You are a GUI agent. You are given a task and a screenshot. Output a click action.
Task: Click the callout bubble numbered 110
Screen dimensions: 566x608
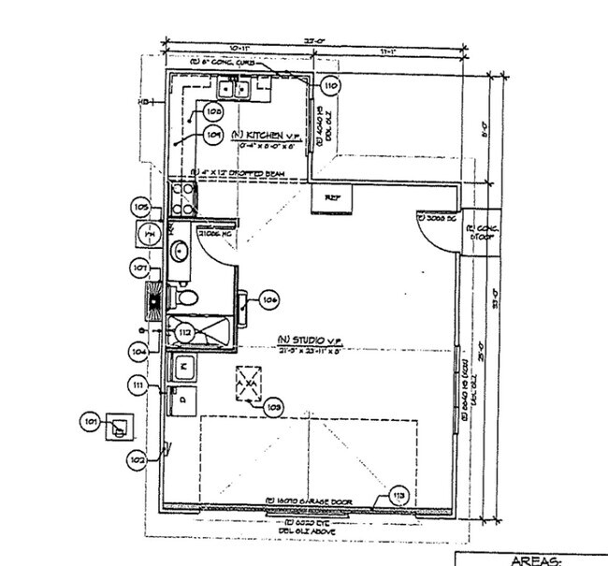coord(329,85)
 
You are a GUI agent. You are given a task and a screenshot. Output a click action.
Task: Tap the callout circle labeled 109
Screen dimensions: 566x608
coord(213,135)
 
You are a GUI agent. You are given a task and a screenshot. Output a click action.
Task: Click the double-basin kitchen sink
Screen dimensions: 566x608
coord(233,90)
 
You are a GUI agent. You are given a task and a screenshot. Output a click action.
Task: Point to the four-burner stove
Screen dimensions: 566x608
coord(182,199)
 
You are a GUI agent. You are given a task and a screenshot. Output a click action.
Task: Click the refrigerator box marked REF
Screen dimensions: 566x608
coord(332,198)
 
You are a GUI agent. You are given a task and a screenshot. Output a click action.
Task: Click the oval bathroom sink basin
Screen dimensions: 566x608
coord(179,250)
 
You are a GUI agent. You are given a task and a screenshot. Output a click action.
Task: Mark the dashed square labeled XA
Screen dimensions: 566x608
coord(250,382)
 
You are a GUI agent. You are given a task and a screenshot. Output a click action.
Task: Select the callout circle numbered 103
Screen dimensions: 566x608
coord(274,407)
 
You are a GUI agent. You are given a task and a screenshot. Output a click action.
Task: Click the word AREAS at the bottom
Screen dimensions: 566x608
coord(536,559)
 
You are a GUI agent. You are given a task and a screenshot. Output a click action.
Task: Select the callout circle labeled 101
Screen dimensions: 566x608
coord(91,423)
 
